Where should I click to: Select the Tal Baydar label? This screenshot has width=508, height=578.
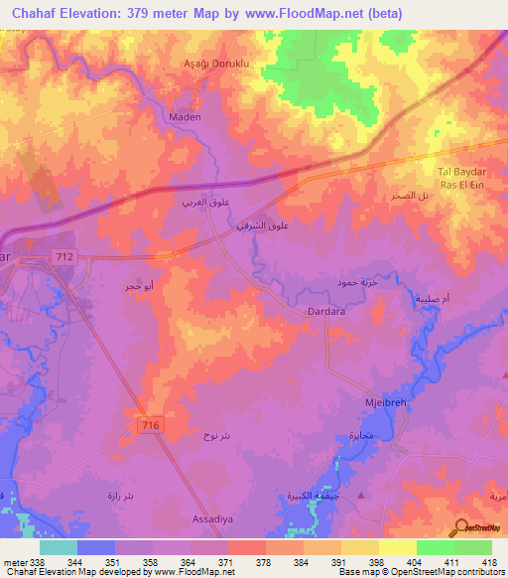[458, 171]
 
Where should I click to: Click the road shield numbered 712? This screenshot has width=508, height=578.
[65, 256]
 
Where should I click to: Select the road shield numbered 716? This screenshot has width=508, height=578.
[146, 425]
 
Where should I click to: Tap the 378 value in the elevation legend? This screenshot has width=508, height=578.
[264, 561]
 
